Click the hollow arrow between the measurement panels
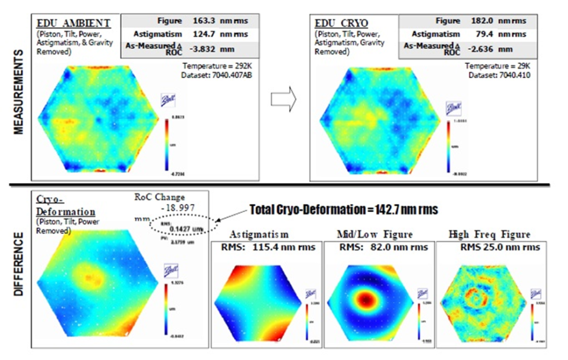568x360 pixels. click(283, 100)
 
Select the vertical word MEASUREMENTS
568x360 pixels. click(18, 93)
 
